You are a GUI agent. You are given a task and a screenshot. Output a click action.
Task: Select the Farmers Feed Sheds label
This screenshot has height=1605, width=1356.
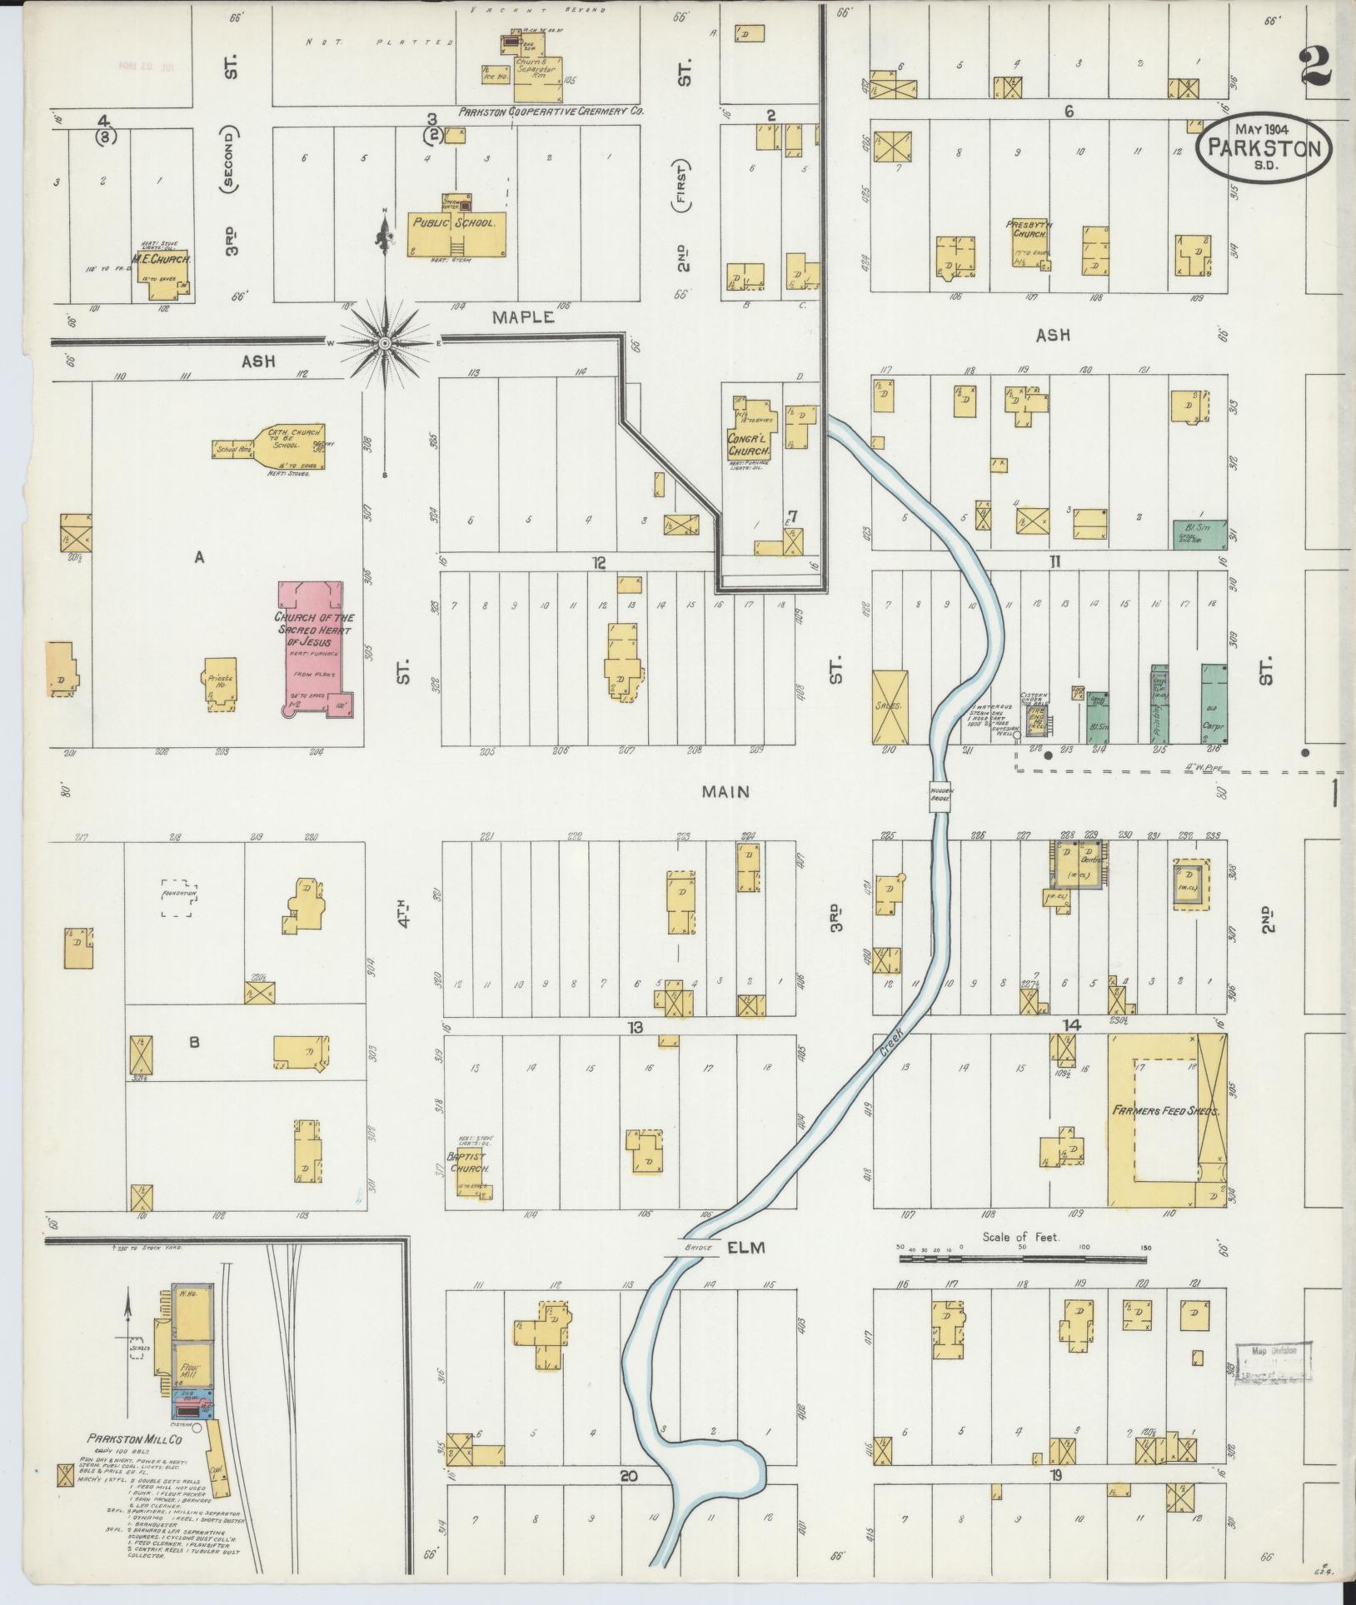click(1166, 1111)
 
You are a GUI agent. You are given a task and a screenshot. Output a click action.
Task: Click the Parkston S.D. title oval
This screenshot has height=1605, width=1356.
click(1264, 147)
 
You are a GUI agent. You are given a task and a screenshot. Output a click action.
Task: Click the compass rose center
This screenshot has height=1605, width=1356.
click(385, 343)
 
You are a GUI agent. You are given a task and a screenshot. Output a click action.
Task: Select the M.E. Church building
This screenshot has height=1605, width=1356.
click(163, 267)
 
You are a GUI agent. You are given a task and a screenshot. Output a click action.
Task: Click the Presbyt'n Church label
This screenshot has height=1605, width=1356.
click(1025, 229)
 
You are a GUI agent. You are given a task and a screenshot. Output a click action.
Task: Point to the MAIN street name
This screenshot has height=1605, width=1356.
click(725, 791)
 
